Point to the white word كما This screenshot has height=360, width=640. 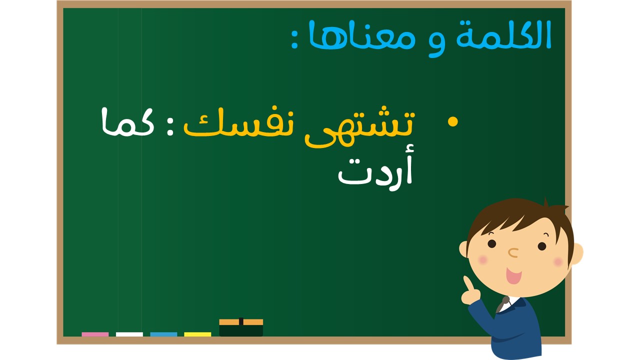click(127, 122)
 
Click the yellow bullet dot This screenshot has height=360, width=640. click(452, 121)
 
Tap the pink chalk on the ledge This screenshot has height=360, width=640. click(95, 334)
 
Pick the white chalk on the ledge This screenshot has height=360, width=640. click(129, 334)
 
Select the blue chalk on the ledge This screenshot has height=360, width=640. click(163, 334)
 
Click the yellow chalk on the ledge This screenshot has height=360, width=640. click(197, 334)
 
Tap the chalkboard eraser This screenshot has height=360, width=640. click(241, 327)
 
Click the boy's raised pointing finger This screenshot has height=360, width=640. click(467, 283)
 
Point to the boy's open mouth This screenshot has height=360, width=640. click(513, 275)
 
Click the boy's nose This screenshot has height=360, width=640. click(513, 252)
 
